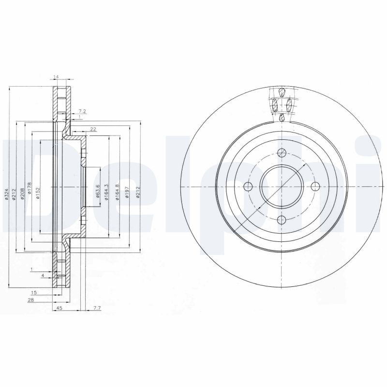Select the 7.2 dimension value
[x=82, y=111]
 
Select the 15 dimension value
[x=33, y=293]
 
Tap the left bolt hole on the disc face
[x=249, y=187]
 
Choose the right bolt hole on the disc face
[x=315, y=187]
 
